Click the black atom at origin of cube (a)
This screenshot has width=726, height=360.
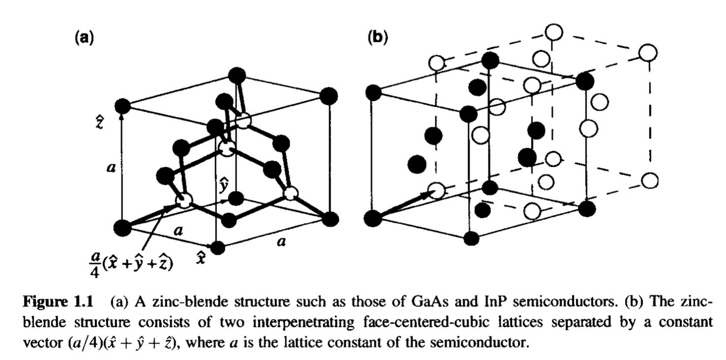(122, 228)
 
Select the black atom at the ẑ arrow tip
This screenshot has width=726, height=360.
(122, 106)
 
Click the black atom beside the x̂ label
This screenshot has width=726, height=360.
(217, 247)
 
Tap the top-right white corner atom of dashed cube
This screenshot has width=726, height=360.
(648, 52)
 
